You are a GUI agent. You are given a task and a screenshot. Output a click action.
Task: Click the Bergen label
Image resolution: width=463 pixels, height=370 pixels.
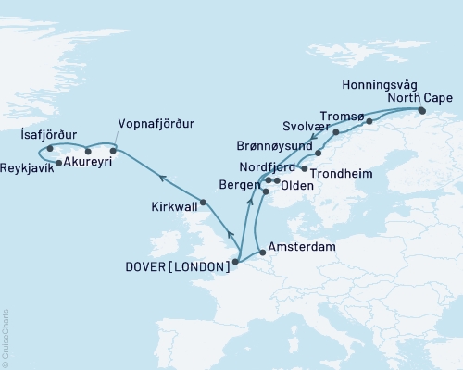239,187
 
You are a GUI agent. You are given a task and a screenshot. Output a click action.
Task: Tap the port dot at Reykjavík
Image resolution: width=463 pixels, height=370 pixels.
59,164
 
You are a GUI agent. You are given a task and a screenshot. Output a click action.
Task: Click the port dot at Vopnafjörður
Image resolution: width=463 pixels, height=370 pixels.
113,150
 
